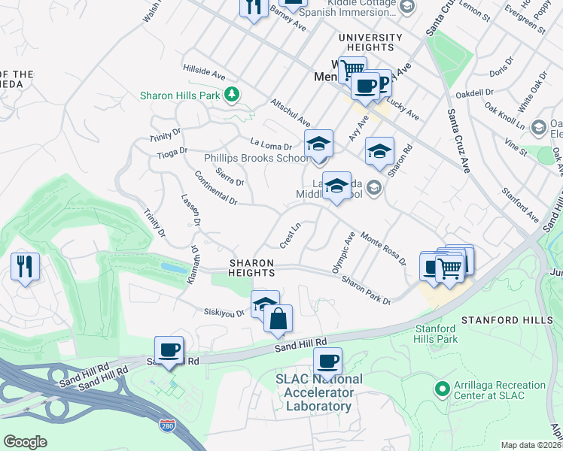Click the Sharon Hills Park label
coord(178,95)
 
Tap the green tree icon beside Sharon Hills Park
coord(233,94)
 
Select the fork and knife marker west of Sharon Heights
coord(25,267)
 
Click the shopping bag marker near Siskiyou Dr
coord(278,317)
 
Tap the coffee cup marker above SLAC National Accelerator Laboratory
coord(327,362)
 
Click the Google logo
coord(25,441)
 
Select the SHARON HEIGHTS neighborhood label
coord(252,268)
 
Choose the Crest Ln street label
coord(291,234)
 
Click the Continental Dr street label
coord(215,190)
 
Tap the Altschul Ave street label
coord(291,111)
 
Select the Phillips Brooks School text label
coord(256,158)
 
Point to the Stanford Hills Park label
coord(436,334)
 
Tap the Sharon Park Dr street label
coord(367,290)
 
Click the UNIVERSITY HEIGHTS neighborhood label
coord(370,43)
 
